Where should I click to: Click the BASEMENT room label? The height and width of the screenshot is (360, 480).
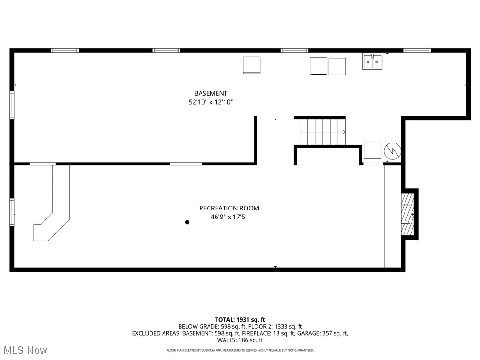[x=211, y=93]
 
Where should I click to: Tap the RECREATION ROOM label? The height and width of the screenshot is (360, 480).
[x=229, y=208]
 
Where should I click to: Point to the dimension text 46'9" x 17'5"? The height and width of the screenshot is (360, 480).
[x=229, y=217]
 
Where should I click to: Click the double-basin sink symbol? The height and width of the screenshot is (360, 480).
[x=372, y=62]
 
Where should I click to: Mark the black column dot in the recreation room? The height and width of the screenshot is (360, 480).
[x=187, y=222]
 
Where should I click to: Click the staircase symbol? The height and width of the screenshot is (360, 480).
[x=322, y=132]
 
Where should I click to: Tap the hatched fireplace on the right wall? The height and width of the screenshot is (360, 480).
[x=407, y=214]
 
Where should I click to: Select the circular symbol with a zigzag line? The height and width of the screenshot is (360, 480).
[x=392, y=150]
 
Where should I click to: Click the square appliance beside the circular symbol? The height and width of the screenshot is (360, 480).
[x=373, y=150]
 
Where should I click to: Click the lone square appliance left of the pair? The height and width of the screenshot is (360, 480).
[x=251, y=65]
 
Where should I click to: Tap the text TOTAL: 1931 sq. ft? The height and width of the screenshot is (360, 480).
[x=240, y=319]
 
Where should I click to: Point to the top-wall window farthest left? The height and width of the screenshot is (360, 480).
[x=65, y=50]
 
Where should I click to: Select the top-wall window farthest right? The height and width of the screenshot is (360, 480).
[x=417, y=50]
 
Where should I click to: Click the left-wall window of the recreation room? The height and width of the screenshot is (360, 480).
[x=12, y=212]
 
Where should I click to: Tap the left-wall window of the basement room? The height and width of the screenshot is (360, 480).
[x=12, y=105]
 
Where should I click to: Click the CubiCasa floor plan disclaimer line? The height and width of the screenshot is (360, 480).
[x=240, y=351]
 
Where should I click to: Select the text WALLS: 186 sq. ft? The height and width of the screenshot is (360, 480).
[x=240, y=340]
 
